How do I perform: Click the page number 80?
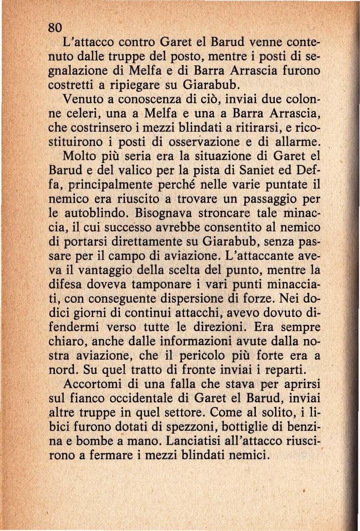tap(54, 27)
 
